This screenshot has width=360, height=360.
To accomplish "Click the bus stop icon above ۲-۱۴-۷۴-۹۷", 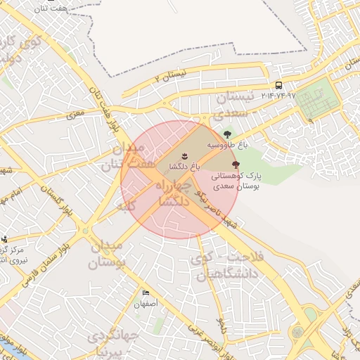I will pyautogui.click(x=279, y=85).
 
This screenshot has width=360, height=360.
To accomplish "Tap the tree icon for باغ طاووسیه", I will pyautogui.click(x=227, y=134).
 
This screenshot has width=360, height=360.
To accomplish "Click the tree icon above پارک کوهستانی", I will pyautogui.click(x=235, y=163).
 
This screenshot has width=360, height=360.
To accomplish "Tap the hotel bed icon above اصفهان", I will pyautogui.click(x=146, y=293).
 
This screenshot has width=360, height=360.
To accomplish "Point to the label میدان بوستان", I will pyautogui.click(x=106, y=255).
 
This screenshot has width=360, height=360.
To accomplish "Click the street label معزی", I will pyautogui.click(x=75, y=112).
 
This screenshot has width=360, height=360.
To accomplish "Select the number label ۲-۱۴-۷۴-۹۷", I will pyautogui.click(x=279, y=95).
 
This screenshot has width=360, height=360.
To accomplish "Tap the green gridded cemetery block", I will pyautogui.click(x=316, y=101).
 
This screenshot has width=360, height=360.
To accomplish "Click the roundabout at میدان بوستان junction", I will pyautogui.click(x=86, y=231).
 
